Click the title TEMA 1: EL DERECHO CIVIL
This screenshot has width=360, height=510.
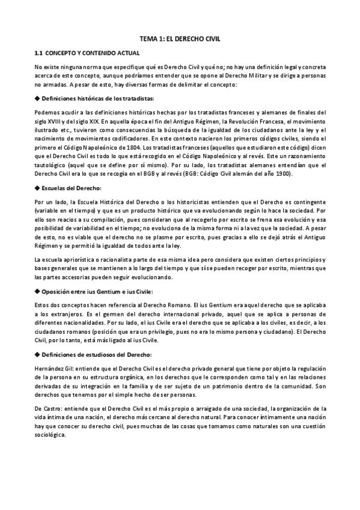tap(180, 37)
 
